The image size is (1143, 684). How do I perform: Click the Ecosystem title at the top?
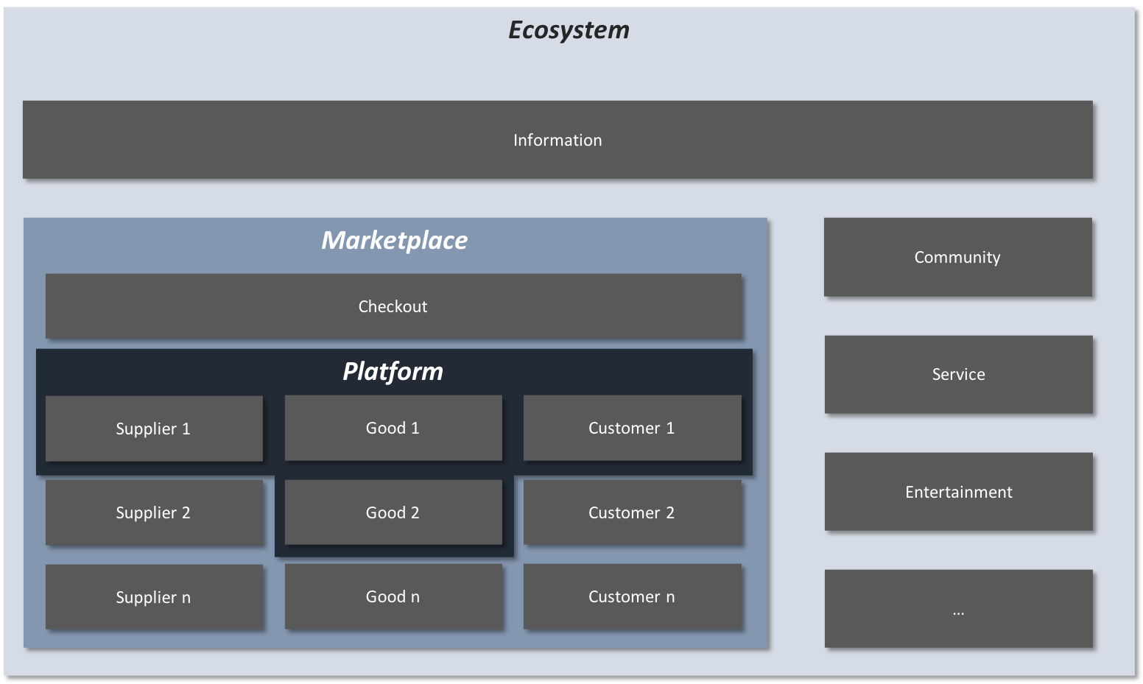tap(569, 30)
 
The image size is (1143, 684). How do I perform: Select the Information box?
tap(558, 140)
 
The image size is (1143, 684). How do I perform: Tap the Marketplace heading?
tap(394, 240)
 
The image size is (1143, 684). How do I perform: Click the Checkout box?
tap(393, 306)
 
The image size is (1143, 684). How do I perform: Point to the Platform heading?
tap(393, 371)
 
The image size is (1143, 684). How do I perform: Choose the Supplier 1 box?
tap(154, 429)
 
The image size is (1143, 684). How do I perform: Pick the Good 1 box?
tap(393, 428)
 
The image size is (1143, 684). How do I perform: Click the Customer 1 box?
tap(632, 428)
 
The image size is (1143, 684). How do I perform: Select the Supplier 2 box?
tap(154, 512)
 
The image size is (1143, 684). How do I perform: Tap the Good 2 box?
tap(393, 512)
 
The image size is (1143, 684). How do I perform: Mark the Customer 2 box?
tap(632, 512)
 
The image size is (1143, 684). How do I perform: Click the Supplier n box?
tap(154, 597)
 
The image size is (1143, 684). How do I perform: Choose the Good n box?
tap(393, 596)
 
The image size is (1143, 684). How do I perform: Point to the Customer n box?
tap(632, 596)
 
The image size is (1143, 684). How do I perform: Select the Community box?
tap(957, 257)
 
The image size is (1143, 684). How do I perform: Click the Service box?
tap(958, 374)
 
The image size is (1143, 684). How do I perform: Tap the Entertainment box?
tap(958, 492)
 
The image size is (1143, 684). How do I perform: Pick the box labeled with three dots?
tap(958, 609)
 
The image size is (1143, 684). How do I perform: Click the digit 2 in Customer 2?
tap(670, 512)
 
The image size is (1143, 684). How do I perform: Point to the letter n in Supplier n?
tap(186, 598)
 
